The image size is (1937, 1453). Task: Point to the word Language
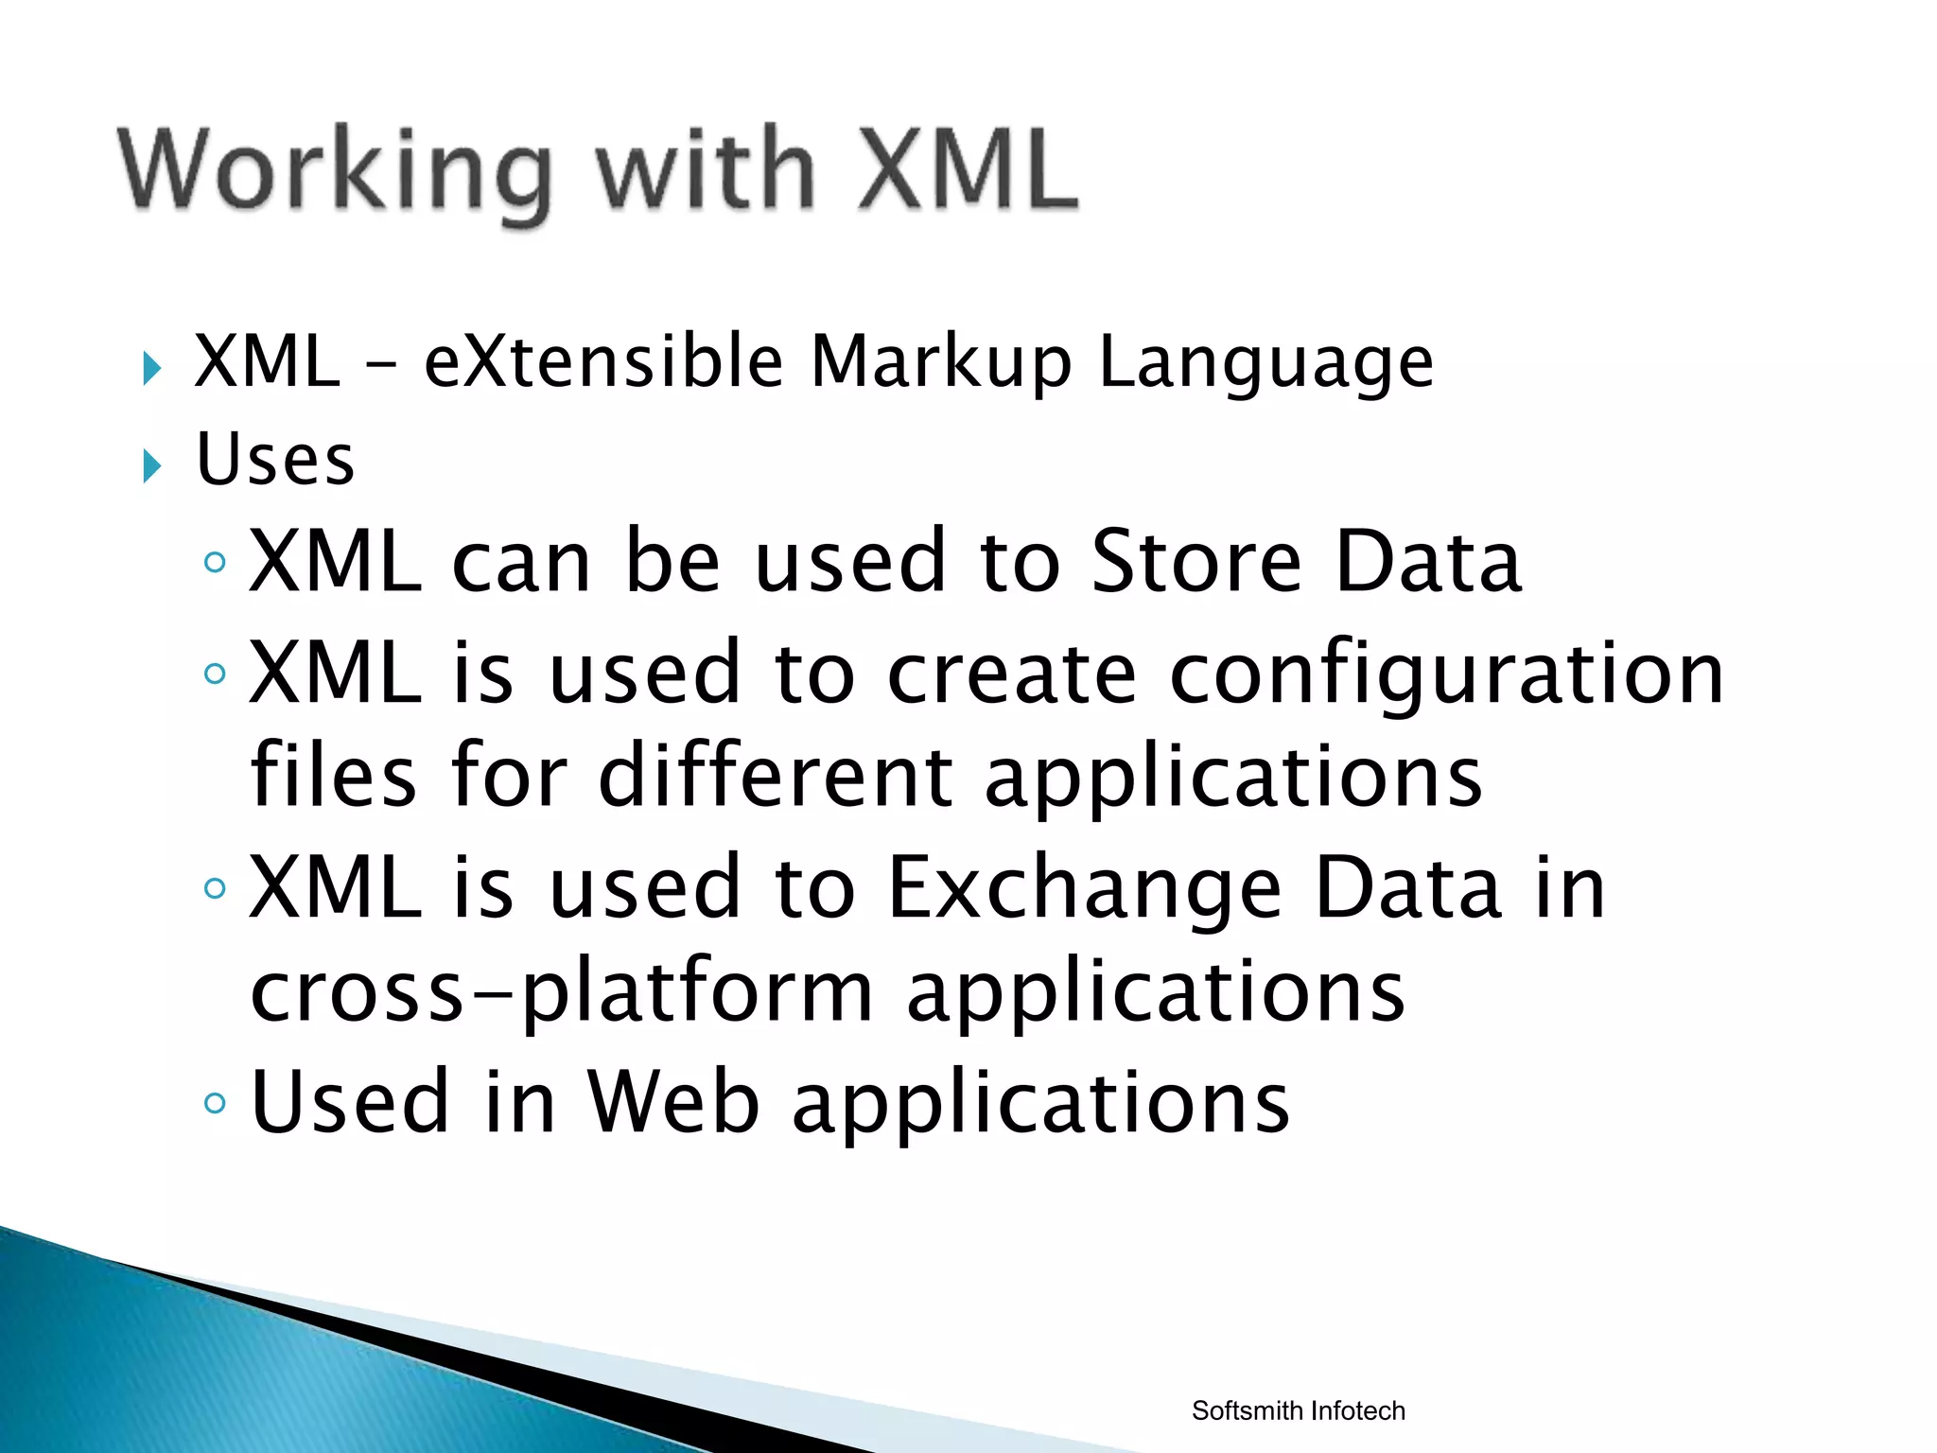coord(1265,363)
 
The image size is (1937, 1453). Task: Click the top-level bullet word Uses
coord(275,460)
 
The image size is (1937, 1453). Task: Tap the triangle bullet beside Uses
coord(151,465)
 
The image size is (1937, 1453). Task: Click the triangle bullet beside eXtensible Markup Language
coord(151,368)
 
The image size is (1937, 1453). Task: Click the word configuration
coord(1446,674)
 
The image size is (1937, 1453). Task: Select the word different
coord(776,778)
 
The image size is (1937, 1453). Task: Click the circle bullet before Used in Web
coord(216,1103)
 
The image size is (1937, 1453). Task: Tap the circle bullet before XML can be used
coord(216,563)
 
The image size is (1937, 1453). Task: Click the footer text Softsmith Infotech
coord(1298,1410)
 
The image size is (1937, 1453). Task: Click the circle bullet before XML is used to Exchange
coord(216,888)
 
